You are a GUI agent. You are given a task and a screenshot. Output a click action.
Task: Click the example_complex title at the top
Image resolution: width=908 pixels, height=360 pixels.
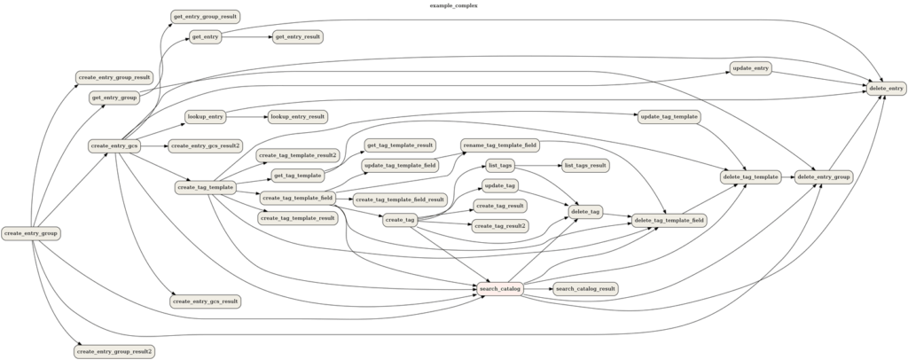(x=453, y=5)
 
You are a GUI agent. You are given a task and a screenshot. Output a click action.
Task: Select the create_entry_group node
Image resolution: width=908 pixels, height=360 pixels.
(x=32, y=233)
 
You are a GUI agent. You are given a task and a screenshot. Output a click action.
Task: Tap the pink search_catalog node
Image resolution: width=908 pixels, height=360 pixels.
(x=499, y=288)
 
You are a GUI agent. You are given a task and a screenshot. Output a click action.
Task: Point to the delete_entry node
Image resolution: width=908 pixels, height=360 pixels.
(x=885, y=88)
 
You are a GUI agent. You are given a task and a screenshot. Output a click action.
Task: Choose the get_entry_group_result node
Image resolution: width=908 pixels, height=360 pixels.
(x=205, y=17)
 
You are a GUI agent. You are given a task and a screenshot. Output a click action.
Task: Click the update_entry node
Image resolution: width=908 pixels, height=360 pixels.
(x=750, y=68)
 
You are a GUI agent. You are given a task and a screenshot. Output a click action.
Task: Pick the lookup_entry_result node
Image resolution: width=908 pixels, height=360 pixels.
(x=298, y=116)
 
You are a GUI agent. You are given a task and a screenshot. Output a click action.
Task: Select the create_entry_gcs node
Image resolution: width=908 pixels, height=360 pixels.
(x=115, y=145)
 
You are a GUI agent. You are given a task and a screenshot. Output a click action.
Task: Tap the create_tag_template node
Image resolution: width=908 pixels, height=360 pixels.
(x=205, y=187)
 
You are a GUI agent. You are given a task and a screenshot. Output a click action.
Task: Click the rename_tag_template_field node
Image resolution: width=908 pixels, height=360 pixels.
(x=500, y=145)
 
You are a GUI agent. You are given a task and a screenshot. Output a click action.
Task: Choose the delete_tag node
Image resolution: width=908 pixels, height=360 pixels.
(x=585, y=211)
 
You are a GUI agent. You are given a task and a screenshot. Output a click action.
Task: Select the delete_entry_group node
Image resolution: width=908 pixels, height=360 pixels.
(x=824, y=177)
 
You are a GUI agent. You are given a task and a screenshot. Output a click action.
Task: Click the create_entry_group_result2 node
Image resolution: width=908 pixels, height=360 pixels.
(x=114, y=351)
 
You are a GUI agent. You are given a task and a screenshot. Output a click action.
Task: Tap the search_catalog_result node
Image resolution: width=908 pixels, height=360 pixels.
(x=584, y=288)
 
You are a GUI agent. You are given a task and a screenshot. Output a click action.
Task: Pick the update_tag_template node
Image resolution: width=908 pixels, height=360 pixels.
(x=669, y=117)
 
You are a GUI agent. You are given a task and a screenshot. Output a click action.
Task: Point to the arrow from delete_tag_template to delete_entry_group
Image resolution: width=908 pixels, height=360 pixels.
(x=787, y=177)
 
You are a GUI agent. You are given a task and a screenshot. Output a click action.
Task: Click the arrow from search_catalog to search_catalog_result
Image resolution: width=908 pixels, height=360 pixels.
(x=537, y=288)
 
